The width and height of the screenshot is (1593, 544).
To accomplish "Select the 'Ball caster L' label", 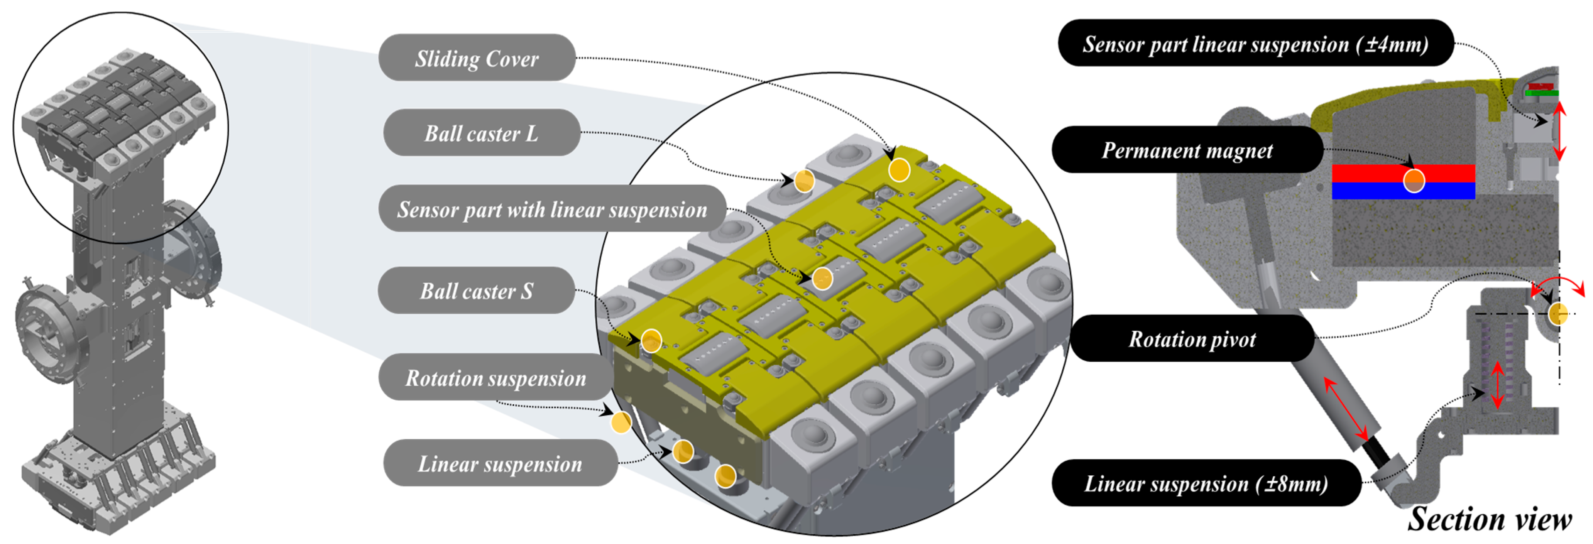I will click(x=481, y=133).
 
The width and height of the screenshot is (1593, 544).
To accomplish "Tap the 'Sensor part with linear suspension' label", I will click(x=551, y=209).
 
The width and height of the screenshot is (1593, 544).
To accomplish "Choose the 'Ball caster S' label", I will click(x=476, y=291).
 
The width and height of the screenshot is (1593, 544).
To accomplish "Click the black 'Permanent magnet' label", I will click(x=1187, y=150).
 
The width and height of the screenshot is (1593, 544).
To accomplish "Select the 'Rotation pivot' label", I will click(x=1192, y=339).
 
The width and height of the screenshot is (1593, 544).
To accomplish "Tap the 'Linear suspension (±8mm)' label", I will click(x=1206, y=483).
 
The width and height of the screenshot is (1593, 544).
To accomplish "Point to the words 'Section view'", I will click(x=1489, y=518).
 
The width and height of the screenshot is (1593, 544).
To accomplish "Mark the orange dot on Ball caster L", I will click(x=804, y=181).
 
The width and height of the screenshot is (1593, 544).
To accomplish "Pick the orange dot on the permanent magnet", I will click(x=1414, y=181).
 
